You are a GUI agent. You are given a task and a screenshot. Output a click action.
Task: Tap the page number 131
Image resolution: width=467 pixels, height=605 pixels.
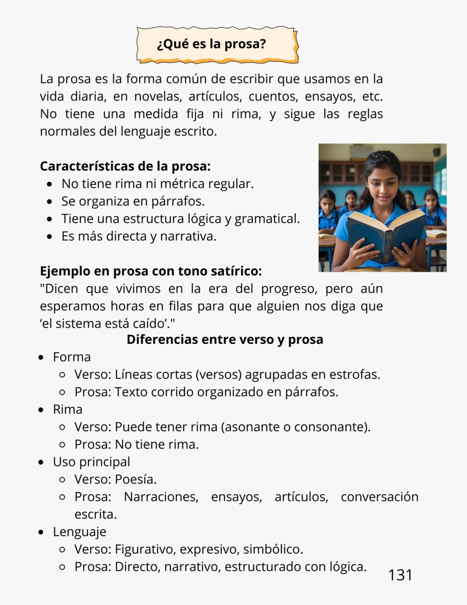point(400,575)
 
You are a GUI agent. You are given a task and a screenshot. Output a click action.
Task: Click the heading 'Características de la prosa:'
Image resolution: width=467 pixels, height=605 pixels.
point(125,166)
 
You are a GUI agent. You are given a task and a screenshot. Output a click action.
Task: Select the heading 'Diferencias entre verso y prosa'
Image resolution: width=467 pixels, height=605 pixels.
point(225,339)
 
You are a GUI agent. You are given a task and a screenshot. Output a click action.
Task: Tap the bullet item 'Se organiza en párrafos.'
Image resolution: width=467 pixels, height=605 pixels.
point(133,201)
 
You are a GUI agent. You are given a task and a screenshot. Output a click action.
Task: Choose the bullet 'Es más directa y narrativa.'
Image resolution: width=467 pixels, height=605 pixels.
point(139,236)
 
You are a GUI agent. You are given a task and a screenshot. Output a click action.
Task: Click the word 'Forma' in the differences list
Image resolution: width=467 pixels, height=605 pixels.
point(72,357)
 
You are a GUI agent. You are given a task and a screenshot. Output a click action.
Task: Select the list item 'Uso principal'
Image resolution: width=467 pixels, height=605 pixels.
point(91,462)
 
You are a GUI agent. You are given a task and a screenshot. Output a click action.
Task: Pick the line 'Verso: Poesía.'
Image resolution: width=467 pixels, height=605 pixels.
point(115,479)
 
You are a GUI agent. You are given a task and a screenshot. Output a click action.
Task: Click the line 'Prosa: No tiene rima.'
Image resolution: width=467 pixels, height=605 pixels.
point(136,445)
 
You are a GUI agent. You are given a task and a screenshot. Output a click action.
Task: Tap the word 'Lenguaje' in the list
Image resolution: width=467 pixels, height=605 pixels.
point(79,532)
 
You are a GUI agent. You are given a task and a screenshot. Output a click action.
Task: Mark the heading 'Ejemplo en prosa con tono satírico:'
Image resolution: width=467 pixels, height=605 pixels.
point(151,271)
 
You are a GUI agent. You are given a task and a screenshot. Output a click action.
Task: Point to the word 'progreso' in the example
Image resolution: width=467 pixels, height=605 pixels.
point(288,289)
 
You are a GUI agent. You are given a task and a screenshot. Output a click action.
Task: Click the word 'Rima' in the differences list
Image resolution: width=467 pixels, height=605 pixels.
point(68,410)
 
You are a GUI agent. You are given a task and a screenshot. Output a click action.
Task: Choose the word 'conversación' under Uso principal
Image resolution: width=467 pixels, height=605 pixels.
point(379,497)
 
